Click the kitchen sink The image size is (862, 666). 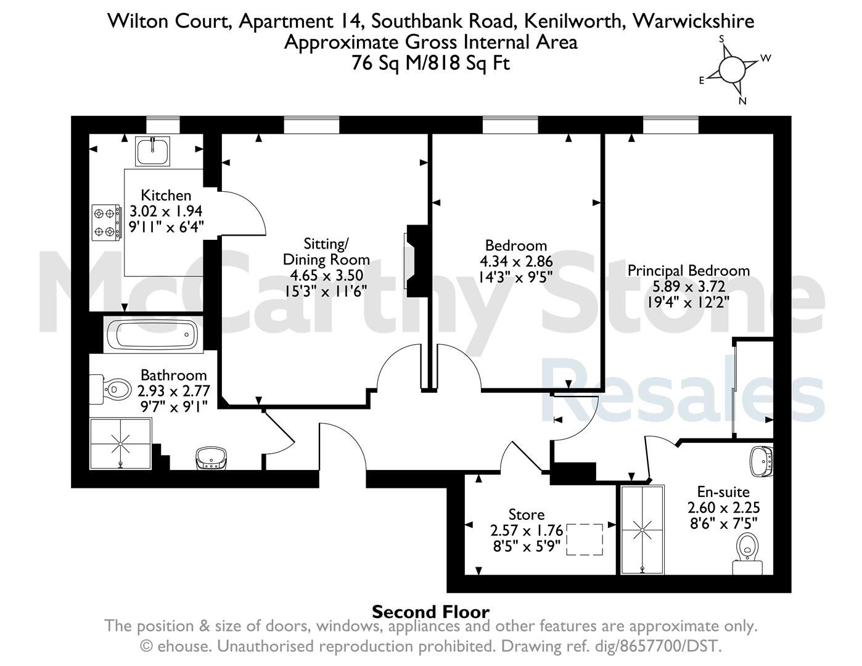pos(152,151)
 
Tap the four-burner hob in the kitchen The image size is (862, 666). pos(107,223)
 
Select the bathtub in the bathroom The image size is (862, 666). pos(154,334)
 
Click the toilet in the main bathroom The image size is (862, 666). pos(110,389)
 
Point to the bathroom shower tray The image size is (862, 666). pos(121,444)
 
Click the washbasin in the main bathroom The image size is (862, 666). pos(211,459)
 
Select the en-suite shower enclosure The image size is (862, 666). pos(642,530)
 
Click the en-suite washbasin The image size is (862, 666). pos(761,462)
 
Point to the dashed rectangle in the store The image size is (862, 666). pos(585,540)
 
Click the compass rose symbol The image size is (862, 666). pos(732,70)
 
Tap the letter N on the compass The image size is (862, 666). pos(742,101)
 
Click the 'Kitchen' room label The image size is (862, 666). pos(166,195)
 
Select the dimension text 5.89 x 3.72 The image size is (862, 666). pos(689,286)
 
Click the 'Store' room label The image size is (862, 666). pos(527,515)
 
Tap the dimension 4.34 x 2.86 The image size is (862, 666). pos(516,261)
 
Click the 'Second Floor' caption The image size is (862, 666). pos(431,612)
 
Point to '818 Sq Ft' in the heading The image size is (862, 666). pos(469,63)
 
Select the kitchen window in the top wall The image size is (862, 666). pos(163,125)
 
